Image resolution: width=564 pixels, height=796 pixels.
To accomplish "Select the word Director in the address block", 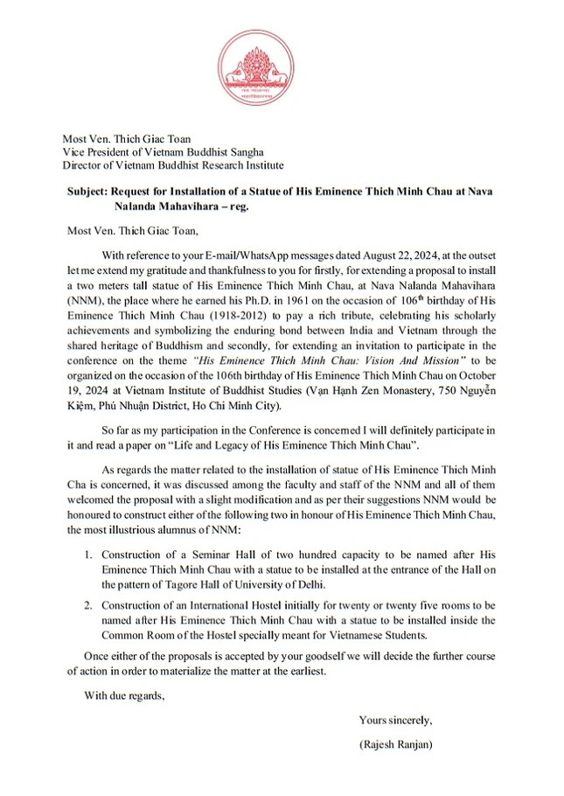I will coord(82,164).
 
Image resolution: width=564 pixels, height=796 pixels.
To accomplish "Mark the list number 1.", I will coord(88,555).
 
